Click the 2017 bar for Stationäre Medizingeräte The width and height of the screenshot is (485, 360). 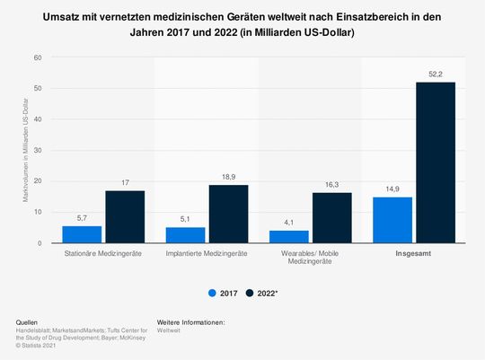click(x=82, y=234)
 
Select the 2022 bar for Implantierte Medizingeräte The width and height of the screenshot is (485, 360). click(x=228, y=214)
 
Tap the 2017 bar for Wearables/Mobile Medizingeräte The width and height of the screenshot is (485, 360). click(x=288, y=237)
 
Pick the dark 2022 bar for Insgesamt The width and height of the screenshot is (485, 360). click(x=435, y=162)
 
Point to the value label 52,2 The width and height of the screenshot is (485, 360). click(x=435, y=75)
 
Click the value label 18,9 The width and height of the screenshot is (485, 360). click(x=228, y=178)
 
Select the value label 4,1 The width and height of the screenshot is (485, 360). click(x=288, y=224)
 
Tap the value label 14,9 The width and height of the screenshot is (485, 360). click(x=392, y=189)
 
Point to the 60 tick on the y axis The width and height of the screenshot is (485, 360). click(x=38, y=57)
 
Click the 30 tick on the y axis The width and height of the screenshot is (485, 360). click(x=38, y=150)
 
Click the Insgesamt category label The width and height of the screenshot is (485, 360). click(x=413, y=255)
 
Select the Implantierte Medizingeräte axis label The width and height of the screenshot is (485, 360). click(x=207, y=255)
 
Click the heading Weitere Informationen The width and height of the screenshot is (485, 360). click(x=190, y=321)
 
